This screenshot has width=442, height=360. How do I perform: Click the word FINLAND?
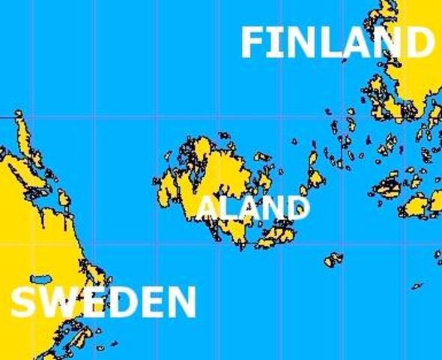(336, 43)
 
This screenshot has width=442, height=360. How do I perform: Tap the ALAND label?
(253, 207)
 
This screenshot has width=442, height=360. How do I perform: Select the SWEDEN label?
(103, 302)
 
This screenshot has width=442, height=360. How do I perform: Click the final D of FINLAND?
(419, 43)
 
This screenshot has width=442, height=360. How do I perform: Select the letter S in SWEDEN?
(24, 303)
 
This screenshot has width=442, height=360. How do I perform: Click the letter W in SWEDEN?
(57, 303)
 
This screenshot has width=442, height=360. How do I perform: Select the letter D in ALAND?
(299, 208)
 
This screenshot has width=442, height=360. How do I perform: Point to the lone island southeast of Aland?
(333, 259)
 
